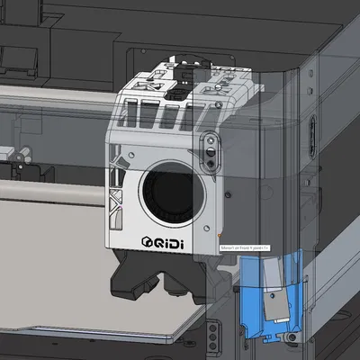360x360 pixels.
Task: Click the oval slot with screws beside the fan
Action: [x=211, y=154]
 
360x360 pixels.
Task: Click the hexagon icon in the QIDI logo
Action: [x=148, y=240]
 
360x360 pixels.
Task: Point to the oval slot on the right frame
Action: [x=311, y=135]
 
